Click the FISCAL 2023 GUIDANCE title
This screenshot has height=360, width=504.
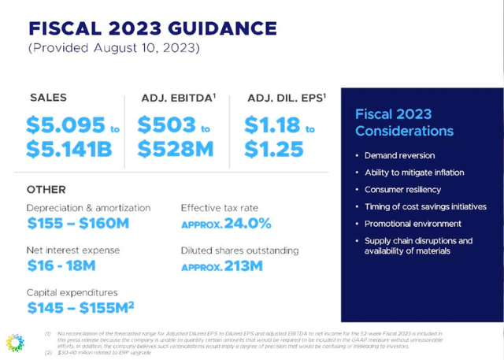point(152,29)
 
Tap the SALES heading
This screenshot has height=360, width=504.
point(48,98)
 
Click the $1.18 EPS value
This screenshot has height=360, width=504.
point(271,125)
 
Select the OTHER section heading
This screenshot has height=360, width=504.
point(46,190)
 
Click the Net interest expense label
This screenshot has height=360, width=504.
point(72,251)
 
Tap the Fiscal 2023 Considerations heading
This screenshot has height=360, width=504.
point(404,122)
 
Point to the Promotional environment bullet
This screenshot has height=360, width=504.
point(413,224)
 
